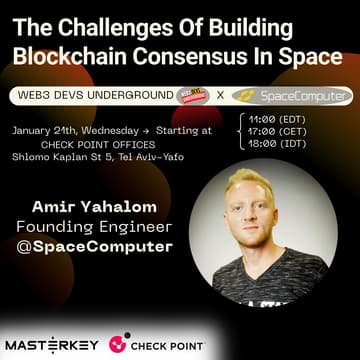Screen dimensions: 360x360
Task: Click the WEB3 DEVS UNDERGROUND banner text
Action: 88,96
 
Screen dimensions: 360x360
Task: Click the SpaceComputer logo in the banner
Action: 290,97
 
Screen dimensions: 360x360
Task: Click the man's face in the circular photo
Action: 270,211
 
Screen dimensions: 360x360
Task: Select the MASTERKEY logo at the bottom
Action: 53,344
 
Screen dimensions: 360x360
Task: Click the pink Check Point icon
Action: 118,345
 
